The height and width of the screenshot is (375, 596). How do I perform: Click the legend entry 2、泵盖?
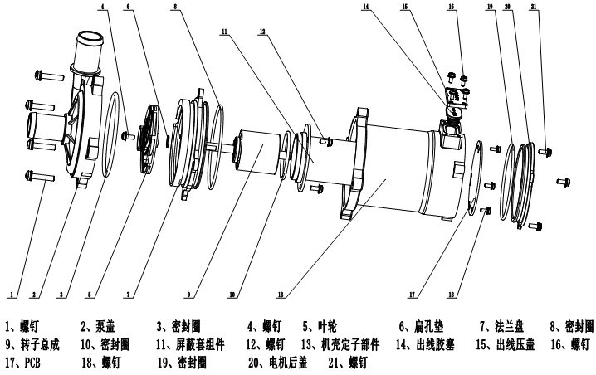tap(100, 327)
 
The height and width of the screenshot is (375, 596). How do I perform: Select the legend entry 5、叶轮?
tap(318, 327)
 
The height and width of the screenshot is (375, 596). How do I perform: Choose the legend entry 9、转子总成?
tap(33, 344)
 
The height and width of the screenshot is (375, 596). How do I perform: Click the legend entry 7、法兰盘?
tap(499, 327)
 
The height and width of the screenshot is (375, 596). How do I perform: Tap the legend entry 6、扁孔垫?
tap(420, 327)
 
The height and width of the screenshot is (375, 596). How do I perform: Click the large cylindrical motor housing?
tap(398, 170)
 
